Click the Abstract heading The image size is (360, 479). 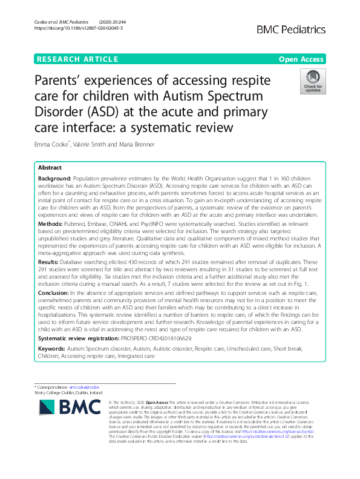(50, 168)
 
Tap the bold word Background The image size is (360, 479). (54, 179)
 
